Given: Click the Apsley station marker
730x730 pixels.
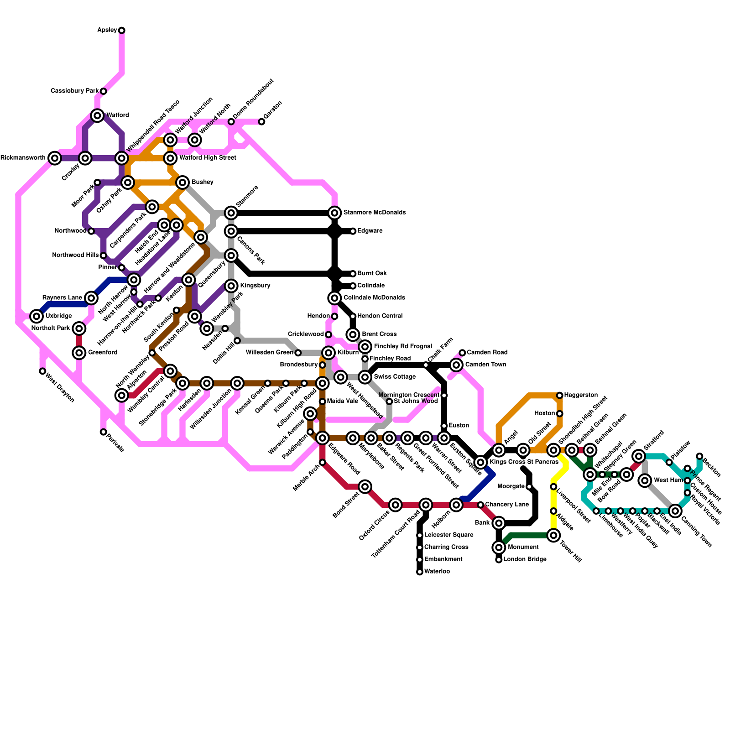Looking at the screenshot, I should click(x=122, y=31).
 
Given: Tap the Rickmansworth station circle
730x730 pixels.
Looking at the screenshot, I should click(x=55, y=158).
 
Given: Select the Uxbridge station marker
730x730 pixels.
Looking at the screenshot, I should click(x=36, y=316).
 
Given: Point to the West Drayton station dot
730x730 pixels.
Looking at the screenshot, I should click(x=42, y=371).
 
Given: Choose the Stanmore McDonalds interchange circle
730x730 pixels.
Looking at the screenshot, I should click(x=334, y=213).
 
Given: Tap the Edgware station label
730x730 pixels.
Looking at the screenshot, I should click(x=370, y=231).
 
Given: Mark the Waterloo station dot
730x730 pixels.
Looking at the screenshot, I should click(x=420, y=572).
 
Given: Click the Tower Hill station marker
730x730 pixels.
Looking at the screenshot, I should click(x=553, y=536).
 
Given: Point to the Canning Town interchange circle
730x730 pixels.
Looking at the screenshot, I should click(x=675, y=511).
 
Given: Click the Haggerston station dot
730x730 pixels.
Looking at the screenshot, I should click(x=560, y=395).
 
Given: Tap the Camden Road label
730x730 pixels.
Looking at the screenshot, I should click(x=487, y=352).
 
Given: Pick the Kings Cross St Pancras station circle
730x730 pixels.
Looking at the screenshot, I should click(x=480, y=462).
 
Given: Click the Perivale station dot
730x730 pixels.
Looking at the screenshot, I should click(x=104, y=432).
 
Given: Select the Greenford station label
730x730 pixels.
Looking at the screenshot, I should click(x=103, y=353).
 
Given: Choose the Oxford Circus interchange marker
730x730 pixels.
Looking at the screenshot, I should click(x=396, y=505).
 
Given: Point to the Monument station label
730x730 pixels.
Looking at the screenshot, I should click(x=523, y=547).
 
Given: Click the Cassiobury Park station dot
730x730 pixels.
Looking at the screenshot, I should click(x=104, y=91).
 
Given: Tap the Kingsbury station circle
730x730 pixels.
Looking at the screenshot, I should click(x=231, y=286).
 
